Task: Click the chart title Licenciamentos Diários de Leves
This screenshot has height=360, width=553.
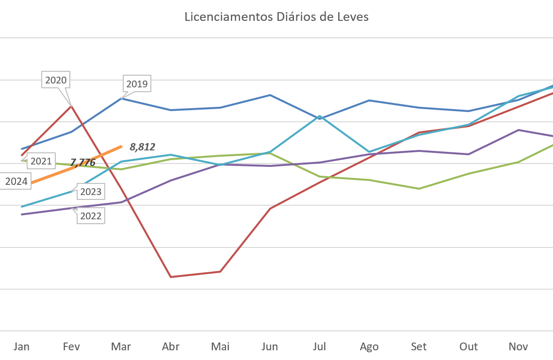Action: click(x=276, y=17)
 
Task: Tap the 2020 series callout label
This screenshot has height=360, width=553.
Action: click(x=56, y=80)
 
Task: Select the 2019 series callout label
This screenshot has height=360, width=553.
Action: click(x=137, y=84)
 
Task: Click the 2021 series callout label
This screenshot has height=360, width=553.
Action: click(x=41, y=161)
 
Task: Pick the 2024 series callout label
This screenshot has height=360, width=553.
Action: click(x=16, y=182)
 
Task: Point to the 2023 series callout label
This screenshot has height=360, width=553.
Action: click(x=91, y=192)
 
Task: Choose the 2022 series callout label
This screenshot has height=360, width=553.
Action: click(x=91, y=216)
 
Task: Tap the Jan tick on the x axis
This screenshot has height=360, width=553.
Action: click(x=21, y=346)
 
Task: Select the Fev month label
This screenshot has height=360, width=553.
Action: click(x=71, y=346)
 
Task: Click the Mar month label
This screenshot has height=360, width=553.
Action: click(x=121, y=346)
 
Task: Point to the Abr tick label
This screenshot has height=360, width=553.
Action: click(x=171, y=346)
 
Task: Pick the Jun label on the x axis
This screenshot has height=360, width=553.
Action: click(x=270, y=346)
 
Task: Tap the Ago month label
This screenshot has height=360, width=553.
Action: click(x=369, y=346)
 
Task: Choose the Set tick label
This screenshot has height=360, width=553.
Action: click(x=419, y=346)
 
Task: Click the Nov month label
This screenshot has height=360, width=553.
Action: click(x=518, y=346)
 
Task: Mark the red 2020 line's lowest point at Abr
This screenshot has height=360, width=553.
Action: click(x=171, y=277)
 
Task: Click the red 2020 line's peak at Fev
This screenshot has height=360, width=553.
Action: click(x=71, y=105)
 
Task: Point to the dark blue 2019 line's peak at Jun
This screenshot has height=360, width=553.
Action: click(x=270, y=95)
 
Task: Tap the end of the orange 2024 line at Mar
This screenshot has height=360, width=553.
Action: click(x=121, y=146)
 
